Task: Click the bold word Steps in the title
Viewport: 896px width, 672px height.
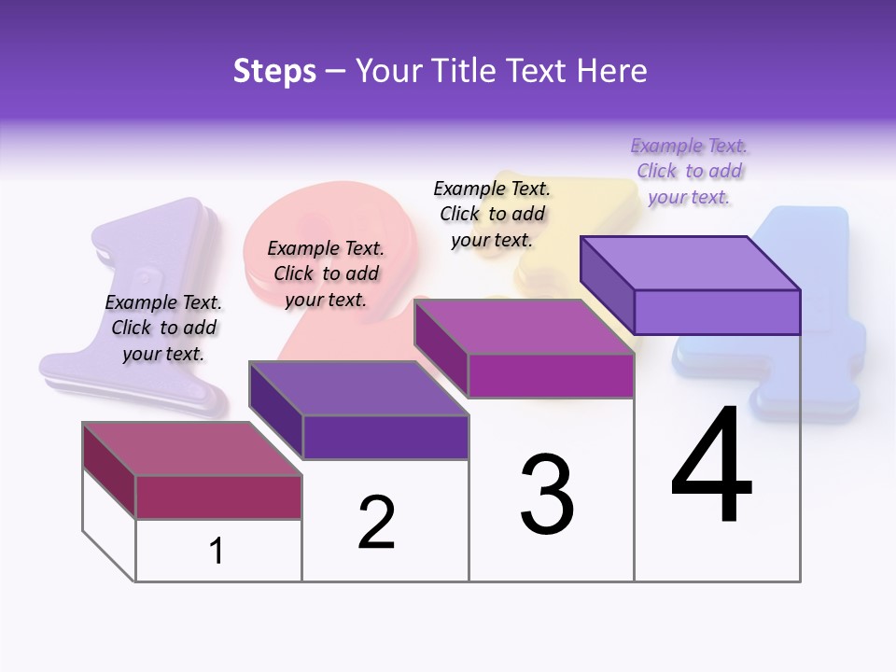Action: click(x=274, y=71)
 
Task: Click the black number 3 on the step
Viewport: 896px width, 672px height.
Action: click(x=547, y=495)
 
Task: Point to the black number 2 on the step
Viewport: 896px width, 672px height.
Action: click(x=377, y=523)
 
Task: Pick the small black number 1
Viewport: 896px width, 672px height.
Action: click(x=217, y=552)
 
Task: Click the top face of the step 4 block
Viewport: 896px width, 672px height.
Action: click(x=691, y=262)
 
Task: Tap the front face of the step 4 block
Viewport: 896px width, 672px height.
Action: click(x=717, y=312)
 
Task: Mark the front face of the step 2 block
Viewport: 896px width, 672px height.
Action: click(x=385, y=437)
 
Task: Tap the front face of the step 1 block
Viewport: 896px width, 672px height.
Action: click(x=218, y=497)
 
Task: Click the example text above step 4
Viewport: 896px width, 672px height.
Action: click(x=690, y=171)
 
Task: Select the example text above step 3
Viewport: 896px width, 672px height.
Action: click(x=492, y=214)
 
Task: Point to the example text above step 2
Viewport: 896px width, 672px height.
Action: click(x=326, y=273)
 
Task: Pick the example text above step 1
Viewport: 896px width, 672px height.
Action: click(x=163, y=328)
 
